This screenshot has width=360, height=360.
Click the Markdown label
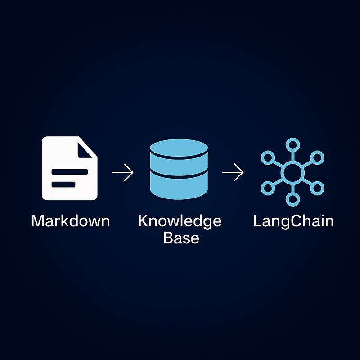pyautogui.click(x=71, y=221)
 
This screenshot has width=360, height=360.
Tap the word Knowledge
pyautogui.click(x=180, y=221)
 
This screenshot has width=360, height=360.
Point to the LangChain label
pyautogui.click(x=293, y=221)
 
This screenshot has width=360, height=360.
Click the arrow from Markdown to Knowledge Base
pyautogui.click(x=122, y=172)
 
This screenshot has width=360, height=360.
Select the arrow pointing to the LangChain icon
pyautogui.click(x=233, y=172)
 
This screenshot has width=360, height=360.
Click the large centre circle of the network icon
pyautogui.click(x=293, y=172)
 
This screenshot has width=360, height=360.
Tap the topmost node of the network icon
pyautogui.click(x=293, y=145)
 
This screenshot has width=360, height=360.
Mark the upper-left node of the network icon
pyautogui.click(x=268, y=157)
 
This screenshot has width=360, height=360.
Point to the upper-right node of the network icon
pyautogui.click(x=318, y=157)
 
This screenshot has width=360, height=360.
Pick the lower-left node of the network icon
pyautogui.click(x=268, y=187)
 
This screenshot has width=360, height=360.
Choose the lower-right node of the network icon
pyautogui.click(x=318, y=187)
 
